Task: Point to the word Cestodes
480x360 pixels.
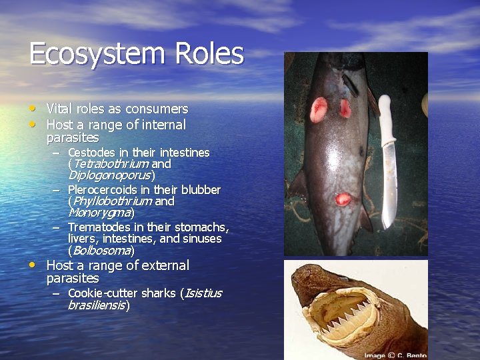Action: point(92,153)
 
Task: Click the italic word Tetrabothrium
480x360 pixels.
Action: point(110,164)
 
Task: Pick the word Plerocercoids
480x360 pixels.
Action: point(103,190)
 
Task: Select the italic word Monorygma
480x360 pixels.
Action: point(99,213)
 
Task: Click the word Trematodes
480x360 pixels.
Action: point(97,227)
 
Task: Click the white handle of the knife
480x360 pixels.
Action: point(385,113)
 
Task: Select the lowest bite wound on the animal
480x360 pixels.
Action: point(343,199)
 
